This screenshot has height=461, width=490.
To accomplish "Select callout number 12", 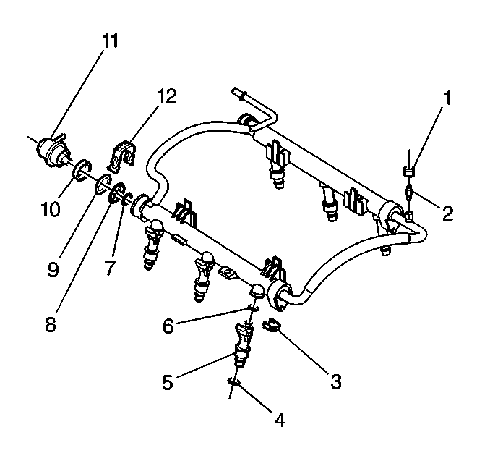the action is [x=166, y=96].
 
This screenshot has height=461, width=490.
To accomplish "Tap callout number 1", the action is [x=448, y=98].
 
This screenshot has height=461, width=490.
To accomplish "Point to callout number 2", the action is [x=447, y=213].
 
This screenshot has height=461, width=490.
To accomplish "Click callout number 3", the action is [x=336, y=381].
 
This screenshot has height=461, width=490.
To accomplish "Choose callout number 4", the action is [x=280, y=420].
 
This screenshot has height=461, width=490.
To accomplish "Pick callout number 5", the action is [x=167, y=382].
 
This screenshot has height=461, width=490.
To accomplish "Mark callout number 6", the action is [x=168, y=326].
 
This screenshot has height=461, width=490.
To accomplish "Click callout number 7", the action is [x=110, y=268].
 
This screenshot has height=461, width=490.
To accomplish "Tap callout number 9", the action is [x=53, y=269].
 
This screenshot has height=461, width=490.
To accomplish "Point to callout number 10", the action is [x=51, y=208].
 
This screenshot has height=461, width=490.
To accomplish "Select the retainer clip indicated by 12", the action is [x=122, y=156].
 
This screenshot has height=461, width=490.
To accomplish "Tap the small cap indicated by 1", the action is [x=409, y=171].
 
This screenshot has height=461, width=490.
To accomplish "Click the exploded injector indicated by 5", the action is [x=243, y=345].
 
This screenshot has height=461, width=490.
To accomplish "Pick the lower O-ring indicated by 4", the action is [x=233, y=381].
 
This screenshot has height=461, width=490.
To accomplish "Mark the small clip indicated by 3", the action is [x=270, y=326].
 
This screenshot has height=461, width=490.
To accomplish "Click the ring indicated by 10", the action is [x=82, y=170].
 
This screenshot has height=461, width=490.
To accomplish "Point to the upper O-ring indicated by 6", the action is [x=253, y=308].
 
